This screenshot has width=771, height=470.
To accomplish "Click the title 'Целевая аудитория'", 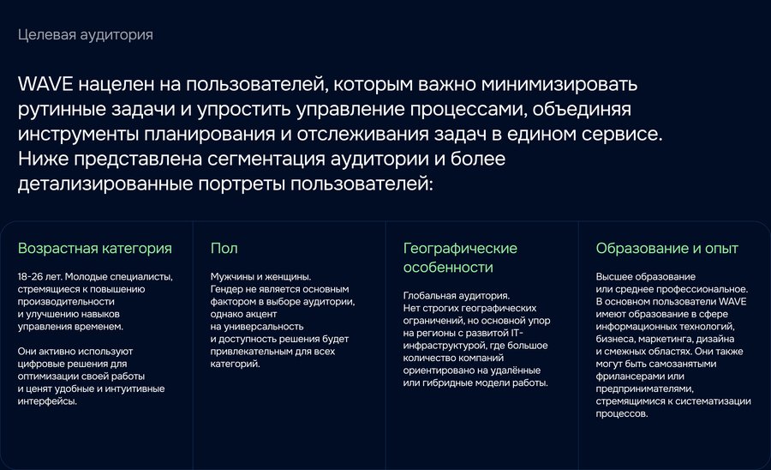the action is (x=86, y=35).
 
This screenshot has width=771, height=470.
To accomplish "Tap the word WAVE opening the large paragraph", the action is (x=45, y=84).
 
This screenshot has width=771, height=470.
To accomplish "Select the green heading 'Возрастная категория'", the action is (x=95, y=249).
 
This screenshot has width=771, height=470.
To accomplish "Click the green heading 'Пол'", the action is (x=224, y=248).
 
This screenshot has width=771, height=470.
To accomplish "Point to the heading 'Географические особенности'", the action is (x=460, y=257).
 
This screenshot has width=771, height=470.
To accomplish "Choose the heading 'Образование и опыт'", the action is (x=666, y=248).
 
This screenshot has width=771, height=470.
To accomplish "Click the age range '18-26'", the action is (x=30, y=276).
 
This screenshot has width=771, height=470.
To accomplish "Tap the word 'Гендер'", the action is (x=226, y=289).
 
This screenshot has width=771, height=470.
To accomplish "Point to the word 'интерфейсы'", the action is (x=46, y=401).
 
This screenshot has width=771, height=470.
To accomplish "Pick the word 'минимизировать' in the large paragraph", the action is (x=559, y=85).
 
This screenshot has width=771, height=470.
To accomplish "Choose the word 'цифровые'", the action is (x=39, y=365).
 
